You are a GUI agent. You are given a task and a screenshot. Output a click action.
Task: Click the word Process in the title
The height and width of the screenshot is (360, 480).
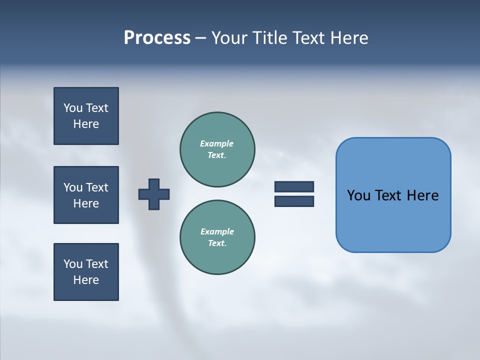[157, 38]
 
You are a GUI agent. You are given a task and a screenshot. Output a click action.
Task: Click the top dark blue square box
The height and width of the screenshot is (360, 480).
[86, 116]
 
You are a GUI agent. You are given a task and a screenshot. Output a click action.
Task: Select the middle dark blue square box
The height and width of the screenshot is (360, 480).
[86, 195]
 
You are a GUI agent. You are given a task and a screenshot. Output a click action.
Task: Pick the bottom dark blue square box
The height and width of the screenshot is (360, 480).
[86, 272]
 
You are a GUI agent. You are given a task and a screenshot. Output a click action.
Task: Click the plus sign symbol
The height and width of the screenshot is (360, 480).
[154, 194]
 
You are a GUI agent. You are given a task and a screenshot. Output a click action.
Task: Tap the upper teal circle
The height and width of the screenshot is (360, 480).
[217, 149]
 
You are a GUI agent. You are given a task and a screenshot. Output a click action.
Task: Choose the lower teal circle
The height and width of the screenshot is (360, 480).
[217, 237]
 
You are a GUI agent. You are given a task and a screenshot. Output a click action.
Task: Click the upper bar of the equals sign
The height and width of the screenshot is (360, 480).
[294, 187]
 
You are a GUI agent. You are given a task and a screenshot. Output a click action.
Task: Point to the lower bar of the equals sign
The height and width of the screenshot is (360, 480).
[294, 201]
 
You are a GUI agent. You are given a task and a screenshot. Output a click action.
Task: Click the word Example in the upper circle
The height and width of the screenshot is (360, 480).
[217, 143]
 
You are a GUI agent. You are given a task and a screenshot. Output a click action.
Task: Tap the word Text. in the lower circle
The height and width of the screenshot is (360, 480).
[217, 243]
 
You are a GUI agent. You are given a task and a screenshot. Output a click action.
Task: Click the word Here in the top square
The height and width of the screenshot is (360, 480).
[86, 124]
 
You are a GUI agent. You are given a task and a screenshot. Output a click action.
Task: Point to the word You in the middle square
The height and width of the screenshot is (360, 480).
[73, 187]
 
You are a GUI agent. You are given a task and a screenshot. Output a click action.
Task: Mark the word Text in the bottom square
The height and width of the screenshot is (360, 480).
[96, 264]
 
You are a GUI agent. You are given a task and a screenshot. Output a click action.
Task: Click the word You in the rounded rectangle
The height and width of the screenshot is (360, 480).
[358, 195]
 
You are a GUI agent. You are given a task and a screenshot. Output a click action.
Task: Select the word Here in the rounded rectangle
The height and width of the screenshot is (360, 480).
[422, 195]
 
